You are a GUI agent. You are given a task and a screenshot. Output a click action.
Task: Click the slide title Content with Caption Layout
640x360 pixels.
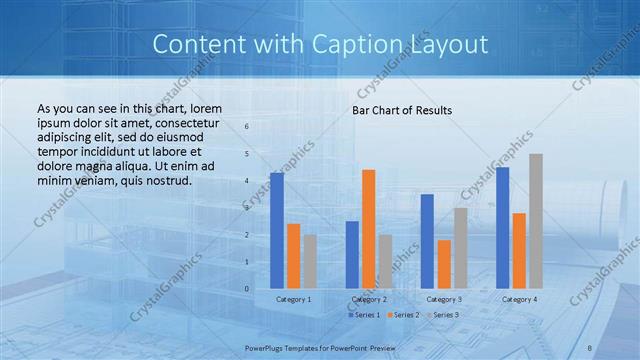click(x=320, y=44)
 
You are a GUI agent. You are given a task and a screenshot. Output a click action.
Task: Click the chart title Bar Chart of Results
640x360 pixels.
click(x=402, y=110)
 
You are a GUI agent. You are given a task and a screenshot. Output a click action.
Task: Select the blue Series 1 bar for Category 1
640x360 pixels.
click(x=277, y=230)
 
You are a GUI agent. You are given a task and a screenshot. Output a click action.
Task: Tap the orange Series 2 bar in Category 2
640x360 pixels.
click(x=368, y=228)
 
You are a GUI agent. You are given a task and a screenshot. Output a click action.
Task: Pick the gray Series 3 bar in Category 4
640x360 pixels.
click(x=536, y=221)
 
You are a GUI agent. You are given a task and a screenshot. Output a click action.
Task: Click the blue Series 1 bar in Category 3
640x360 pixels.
click(x=427, y=241)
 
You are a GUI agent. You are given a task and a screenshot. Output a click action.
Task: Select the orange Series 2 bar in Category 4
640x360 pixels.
click(x=519, y=250)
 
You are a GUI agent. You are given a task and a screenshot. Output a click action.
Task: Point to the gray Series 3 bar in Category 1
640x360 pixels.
click(x=310, y=261)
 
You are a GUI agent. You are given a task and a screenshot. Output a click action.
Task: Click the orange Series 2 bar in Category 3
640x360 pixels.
click(x=444, y=264)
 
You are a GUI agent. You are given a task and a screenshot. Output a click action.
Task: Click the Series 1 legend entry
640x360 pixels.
click(x=364, y=315)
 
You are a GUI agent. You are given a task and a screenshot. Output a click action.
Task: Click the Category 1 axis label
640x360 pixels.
click(x=293, y=299)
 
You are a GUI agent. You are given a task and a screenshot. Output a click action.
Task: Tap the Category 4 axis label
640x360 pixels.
click(x=519, y=299)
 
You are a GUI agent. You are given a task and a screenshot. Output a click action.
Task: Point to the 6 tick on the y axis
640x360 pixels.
click(x=248, y=127)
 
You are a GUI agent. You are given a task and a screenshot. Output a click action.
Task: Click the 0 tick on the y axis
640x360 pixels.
click(x=248, y=289)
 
